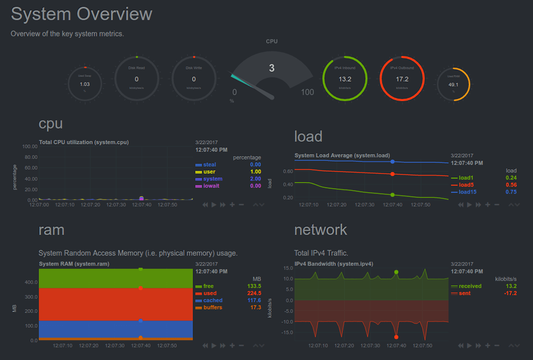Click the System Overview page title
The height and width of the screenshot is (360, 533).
pyautogui.click(x=82, y=14)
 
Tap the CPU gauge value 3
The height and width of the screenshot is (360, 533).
pyautogui.click(x=272, y=68)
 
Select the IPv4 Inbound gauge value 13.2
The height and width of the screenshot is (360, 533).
pyautogui.click(x=345, y=79)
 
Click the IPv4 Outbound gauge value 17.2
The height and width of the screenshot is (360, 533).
pyautogui.click(x=402, y=79)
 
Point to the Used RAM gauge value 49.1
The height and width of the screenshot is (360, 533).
pyautogui.click(x=454, y=85)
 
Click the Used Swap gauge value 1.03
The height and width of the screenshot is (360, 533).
pyautogui.click(x=85, y=84)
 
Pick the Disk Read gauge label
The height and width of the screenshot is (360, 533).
pyautogui.click(x=137, y=68)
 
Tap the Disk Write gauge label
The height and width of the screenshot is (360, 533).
pyautogui.click(x=194, y=68)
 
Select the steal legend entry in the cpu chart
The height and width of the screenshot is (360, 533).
pyautogui.click(x=209, y=165)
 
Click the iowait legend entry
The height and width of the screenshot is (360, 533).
pyautogui.click(x=211, y=186)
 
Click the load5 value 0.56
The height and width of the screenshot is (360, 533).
pyautogui.click(x=511, y=185)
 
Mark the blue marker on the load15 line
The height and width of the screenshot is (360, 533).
pyautogui.click(x=392, y=162)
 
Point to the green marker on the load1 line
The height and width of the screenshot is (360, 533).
pyautogui.click(x=392, y=195)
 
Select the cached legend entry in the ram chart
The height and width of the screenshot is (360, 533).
pyautogui.click(x=213, y=300)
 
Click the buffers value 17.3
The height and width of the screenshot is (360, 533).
pyautogui.click(x=254, y=307)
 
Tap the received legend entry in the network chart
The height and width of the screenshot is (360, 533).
pyautogui.click(x=470, y=286)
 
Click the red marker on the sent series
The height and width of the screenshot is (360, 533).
pyautogui.click(x=396, y=337)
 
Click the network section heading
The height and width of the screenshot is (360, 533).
pyautogui.click(x=321, y=230)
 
